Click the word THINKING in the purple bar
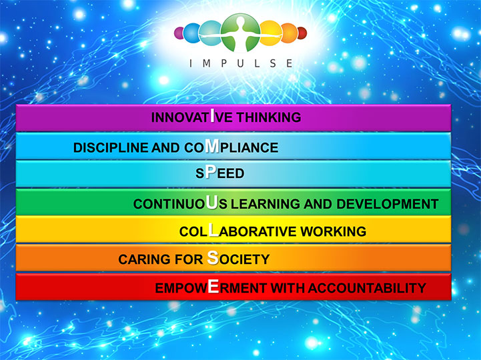(x=269, y=117)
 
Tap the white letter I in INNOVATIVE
(x=212, y=115)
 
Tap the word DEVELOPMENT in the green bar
(x=388, y=204)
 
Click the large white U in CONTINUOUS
(x=211, y=202)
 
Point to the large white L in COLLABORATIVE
(x=213, y=230)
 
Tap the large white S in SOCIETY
(x=213, y=257)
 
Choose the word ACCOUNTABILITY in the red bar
(x=367, y=288)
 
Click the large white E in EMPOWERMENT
(x=213, y=286)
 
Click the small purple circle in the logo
(x=179, y=33)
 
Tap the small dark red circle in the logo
(x=302, y=33)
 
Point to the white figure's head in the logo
(x=241, y=21)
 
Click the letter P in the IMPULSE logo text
(x=224, y=63)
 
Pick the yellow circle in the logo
(x=271, y=33)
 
